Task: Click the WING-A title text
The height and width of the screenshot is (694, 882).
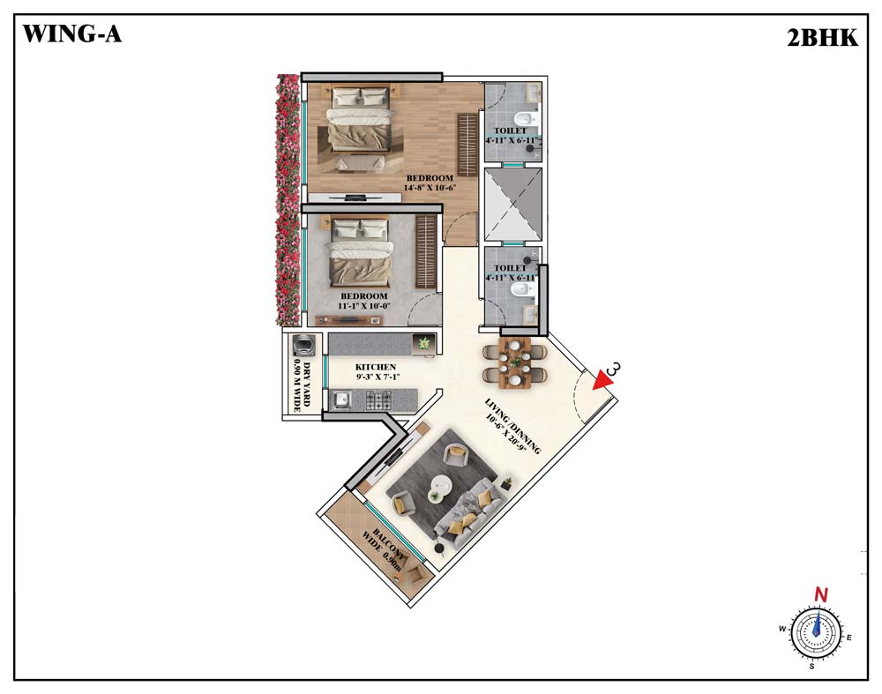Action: point(72,34)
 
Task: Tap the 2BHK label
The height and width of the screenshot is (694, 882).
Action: point(822,38)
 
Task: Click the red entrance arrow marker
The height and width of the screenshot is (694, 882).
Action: point(603,379)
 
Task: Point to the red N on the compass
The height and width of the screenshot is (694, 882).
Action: point(822,594)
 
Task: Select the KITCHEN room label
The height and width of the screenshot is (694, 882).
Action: point(375,367)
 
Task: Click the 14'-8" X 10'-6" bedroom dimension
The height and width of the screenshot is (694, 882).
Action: point(430,188)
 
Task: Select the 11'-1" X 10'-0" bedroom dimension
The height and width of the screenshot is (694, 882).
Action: point(364,306)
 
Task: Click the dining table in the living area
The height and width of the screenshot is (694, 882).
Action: point(515,362)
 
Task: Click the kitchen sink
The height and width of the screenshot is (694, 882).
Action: point(340,400)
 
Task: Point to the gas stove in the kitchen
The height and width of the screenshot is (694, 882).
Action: point(378,400)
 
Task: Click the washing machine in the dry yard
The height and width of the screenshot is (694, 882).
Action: point(303,344)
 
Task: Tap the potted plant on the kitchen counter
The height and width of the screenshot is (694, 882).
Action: point(423,342)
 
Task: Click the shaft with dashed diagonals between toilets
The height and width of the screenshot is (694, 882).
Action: point(512,205)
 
